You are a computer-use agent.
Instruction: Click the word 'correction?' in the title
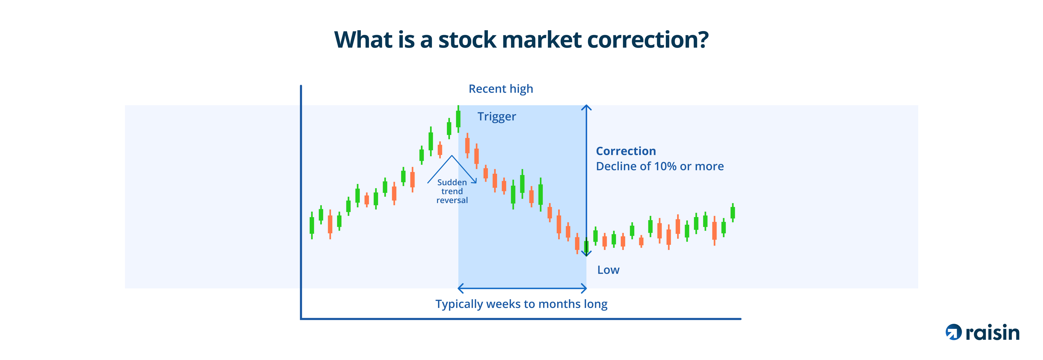coord(648,40)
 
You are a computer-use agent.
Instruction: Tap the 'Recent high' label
coord(501,89)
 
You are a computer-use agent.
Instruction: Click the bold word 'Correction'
coord(626,151)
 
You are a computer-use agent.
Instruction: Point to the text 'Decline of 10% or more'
coord(660,166)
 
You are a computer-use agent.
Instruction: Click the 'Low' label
coord(608,270)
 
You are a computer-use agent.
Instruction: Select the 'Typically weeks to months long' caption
coord(521,304)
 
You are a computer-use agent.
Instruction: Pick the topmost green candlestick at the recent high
coord(458,119)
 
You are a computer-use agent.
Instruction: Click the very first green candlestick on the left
coord(312,225)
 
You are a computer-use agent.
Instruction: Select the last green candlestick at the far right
coord(732,212)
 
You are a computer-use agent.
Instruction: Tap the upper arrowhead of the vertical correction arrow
coord(586,107)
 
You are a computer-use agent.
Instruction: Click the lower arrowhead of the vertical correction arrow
coord(586,254)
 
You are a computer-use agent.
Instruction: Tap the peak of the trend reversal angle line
coord(452,156)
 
